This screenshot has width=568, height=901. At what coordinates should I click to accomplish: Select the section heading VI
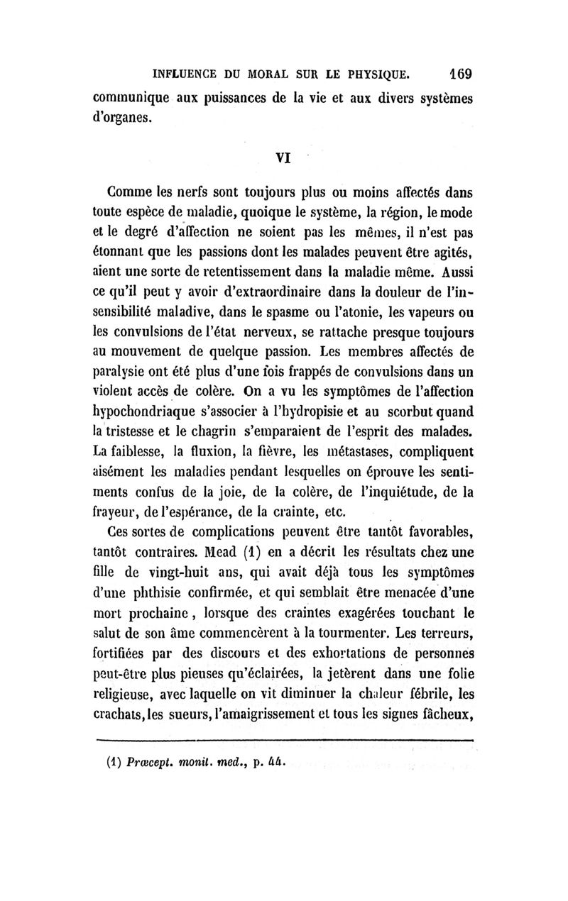tap(285, 160)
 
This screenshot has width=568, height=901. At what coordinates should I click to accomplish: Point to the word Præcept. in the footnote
tap(153, 763)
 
